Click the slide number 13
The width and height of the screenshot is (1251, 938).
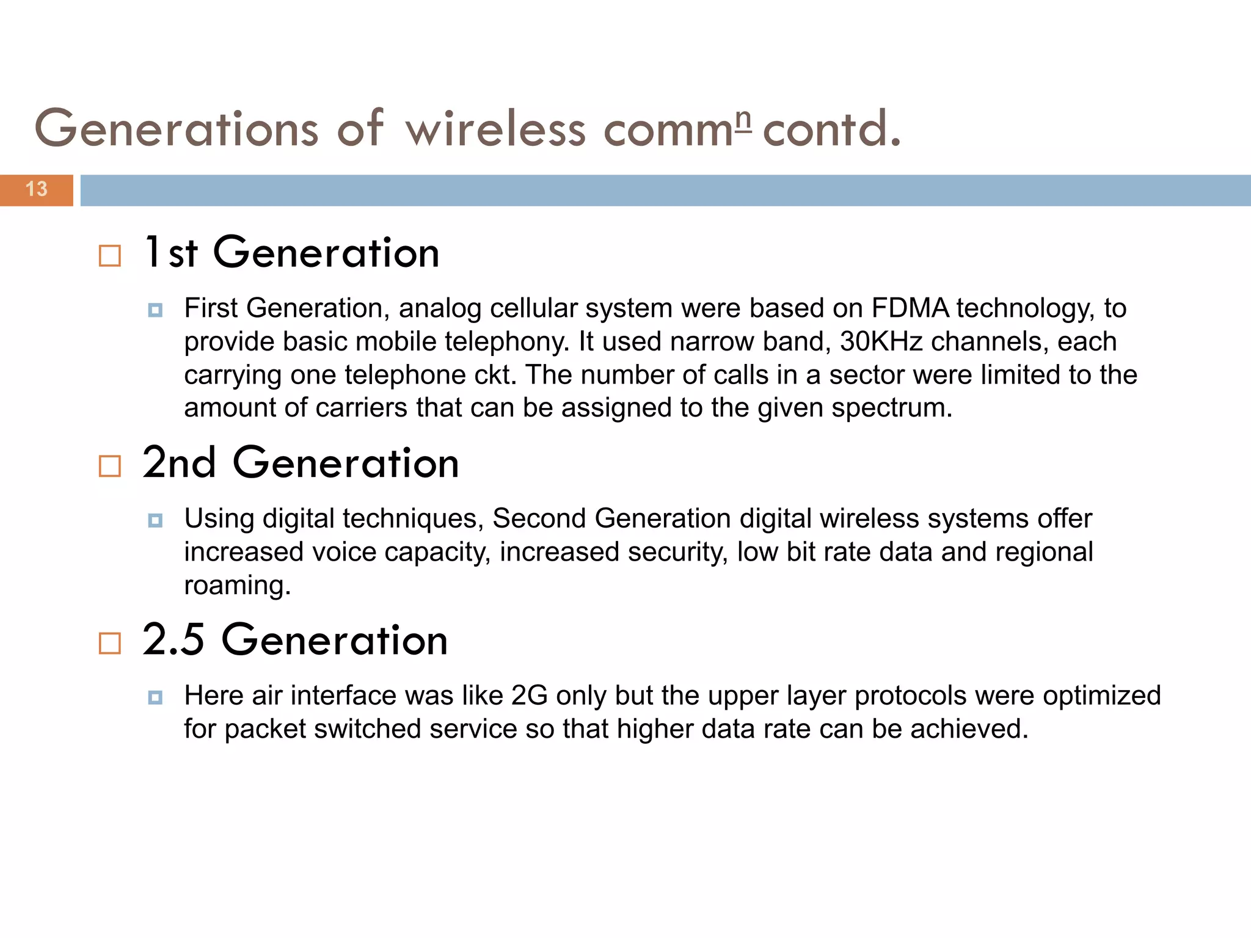37,189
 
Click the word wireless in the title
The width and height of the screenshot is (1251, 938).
495,129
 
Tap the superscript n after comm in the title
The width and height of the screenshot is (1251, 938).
743,121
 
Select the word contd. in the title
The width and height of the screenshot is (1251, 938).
832,129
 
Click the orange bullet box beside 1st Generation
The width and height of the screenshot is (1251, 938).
110,256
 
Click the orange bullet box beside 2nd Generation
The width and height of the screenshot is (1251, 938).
110,467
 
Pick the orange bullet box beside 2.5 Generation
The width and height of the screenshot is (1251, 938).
110,643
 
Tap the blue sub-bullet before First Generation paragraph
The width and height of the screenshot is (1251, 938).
155,310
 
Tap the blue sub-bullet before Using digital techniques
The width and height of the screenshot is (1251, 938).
155,521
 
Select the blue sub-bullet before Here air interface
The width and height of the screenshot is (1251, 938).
155,697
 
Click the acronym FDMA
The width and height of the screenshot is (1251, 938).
910,308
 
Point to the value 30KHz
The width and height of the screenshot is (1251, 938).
881,342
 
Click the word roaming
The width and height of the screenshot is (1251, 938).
237,586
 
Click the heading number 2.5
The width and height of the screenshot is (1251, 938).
173,640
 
